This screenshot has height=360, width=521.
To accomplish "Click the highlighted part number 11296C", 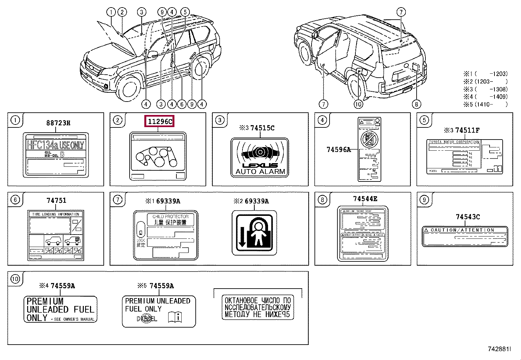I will (x=160, y=122).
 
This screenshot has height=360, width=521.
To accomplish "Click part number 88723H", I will (x=58, y=123).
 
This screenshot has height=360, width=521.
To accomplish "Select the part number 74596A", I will (x=338, y=150).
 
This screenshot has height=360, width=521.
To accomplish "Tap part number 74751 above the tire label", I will (x=56, y=200).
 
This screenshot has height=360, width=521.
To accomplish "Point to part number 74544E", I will (x=365, y=199).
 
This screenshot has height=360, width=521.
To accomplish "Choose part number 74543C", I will (x=468, y=217).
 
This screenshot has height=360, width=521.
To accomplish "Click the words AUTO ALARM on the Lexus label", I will (x=260, y=172).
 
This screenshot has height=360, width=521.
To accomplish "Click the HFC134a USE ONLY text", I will (x=55, y=145).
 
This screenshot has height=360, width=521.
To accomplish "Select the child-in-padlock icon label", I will (x=254, y=233).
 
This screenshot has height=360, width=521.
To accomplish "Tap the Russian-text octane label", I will (x=258, y=307).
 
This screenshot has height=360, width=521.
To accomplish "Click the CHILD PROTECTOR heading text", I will (x=170, y=217).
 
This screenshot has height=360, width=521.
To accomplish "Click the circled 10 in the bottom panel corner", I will (x=15, y=279).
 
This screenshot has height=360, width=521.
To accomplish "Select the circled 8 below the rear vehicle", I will (x=416, y=104).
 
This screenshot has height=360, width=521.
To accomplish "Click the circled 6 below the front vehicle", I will (x=182, y=104).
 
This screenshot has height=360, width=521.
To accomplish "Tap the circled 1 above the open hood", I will (x=111, y=12).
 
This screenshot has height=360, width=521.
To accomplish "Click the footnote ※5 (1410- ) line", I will (x=485, y=104).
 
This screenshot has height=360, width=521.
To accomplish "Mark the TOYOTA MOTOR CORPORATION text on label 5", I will (x=454, y=142).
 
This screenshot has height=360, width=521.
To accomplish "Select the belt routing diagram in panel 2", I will (x=156, y=157).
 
